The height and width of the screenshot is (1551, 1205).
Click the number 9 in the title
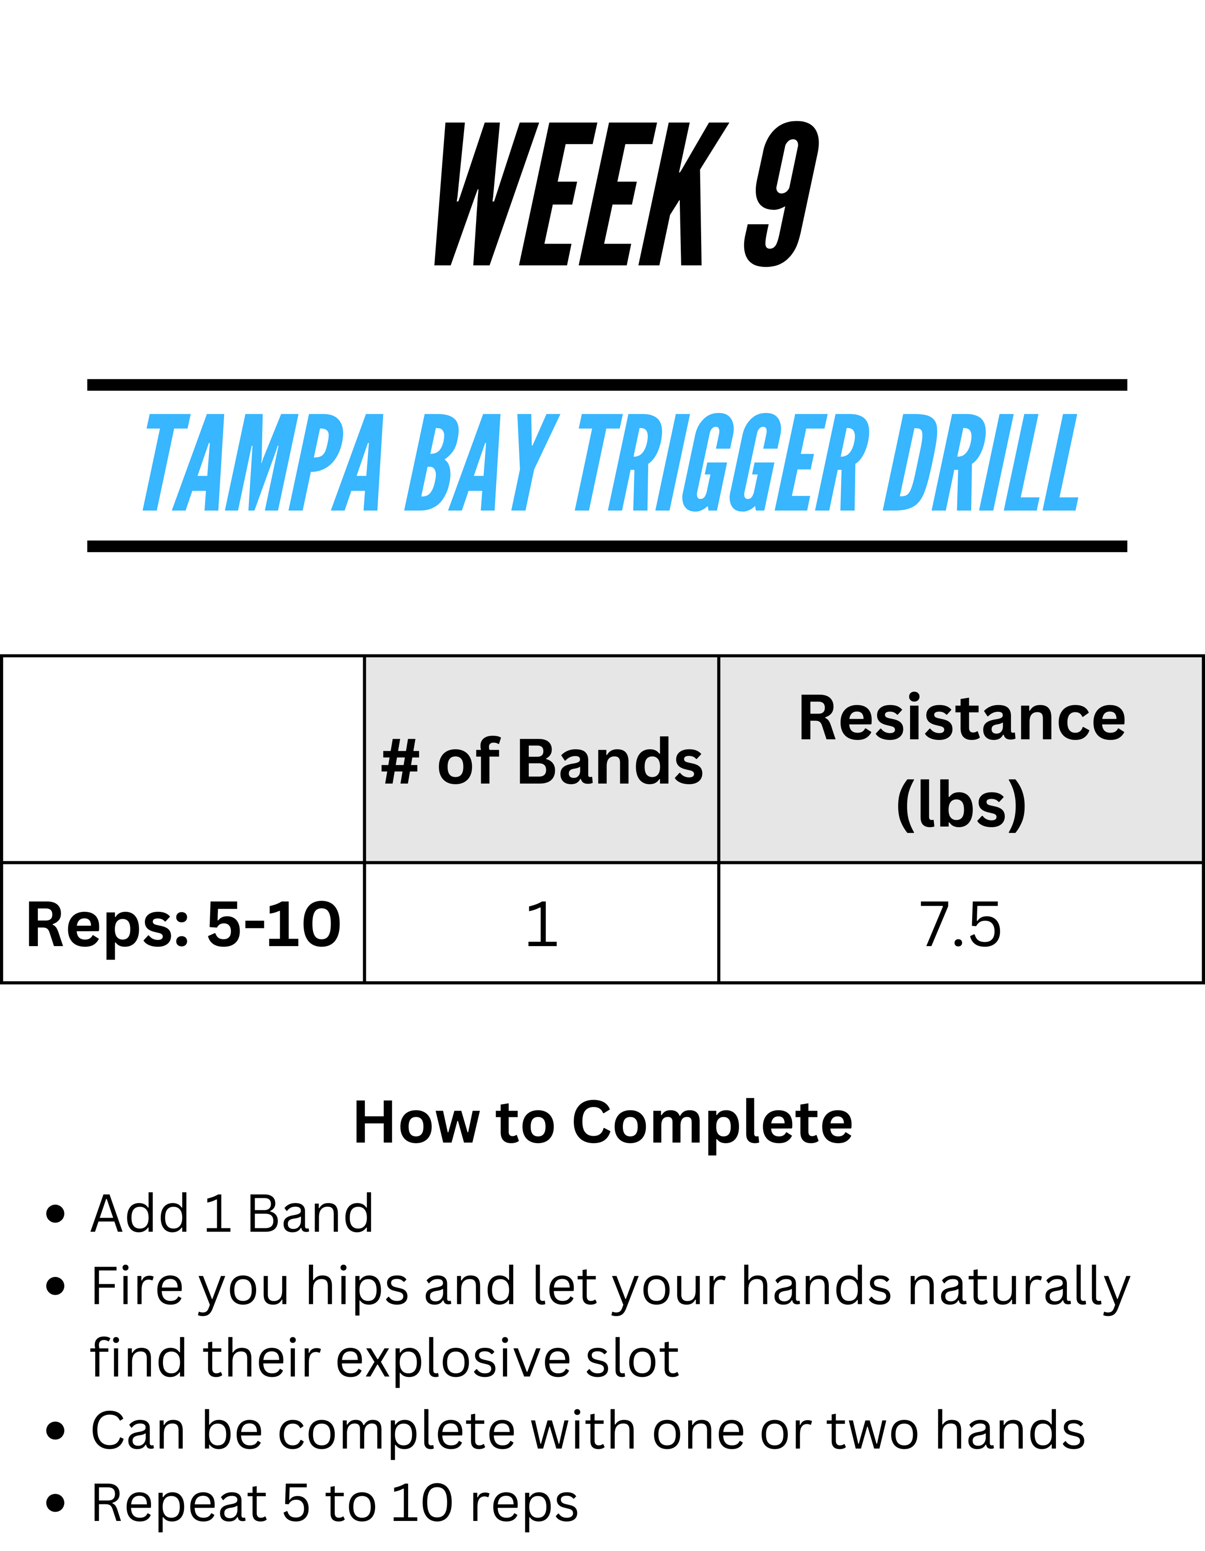point(782,194)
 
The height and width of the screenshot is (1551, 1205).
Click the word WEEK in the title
point(581,194)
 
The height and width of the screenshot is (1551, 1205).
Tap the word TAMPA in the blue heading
point(263,462)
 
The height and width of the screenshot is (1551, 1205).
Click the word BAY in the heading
point(482,462)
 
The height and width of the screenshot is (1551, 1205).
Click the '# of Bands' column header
point(541,762)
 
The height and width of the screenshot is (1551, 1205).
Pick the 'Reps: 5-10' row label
point(183,924)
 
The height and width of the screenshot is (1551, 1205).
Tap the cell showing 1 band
point(541,924)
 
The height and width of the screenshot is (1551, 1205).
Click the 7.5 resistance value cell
point(961,924)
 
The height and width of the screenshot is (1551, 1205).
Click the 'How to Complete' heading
point(602,1123)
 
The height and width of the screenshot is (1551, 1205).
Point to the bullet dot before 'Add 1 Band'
point(55,1214)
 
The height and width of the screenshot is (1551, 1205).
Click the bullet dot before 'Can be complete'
point(55,1432)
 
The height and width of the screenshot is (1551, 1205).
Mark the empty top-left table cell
point(183,759)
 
